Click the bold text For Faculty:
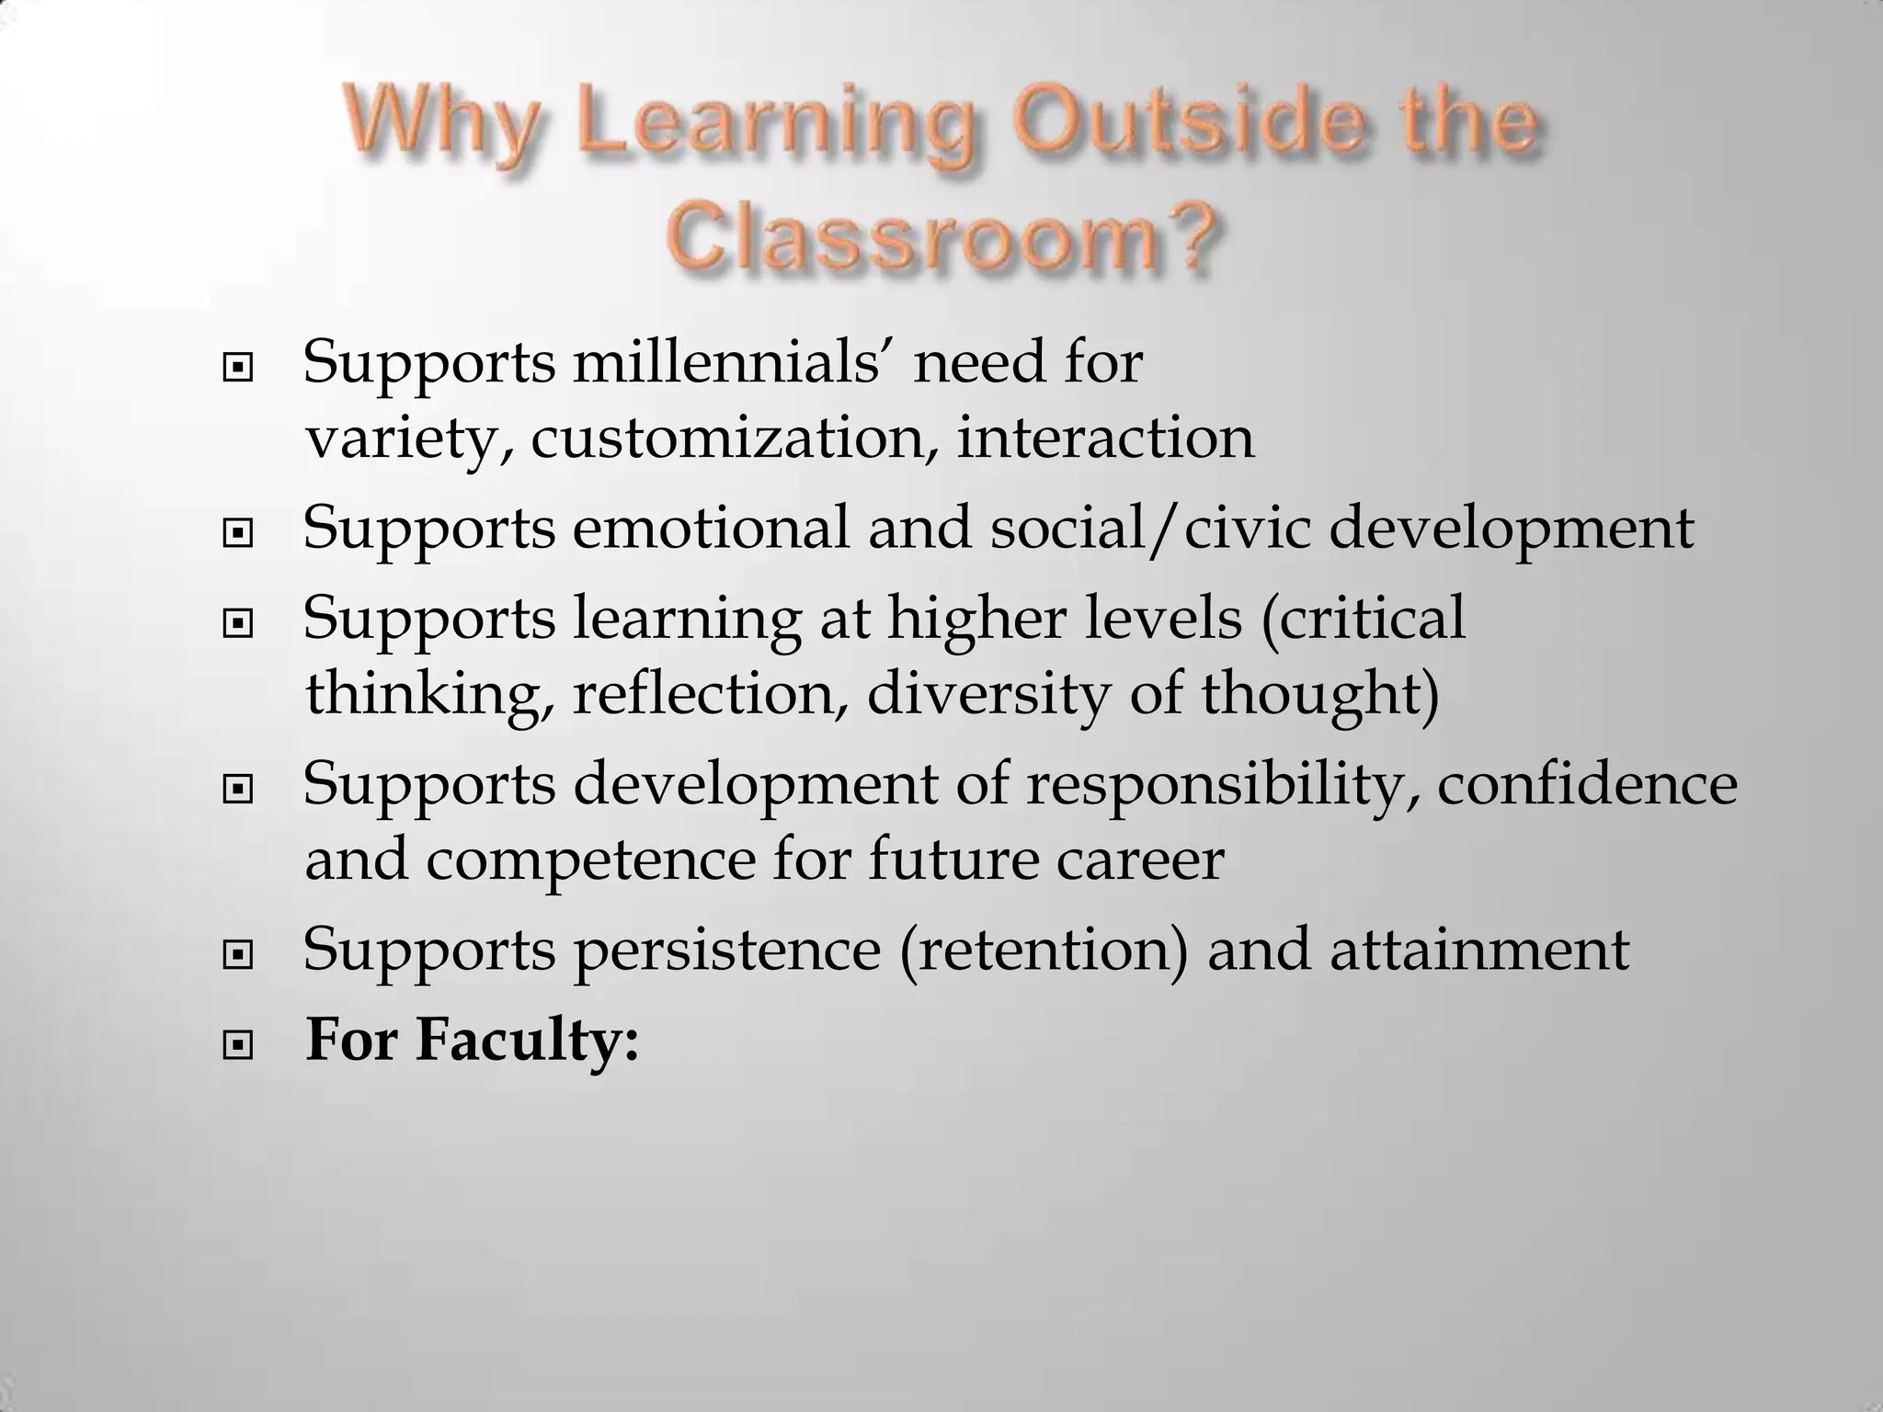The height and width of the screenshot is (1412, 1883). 472,1042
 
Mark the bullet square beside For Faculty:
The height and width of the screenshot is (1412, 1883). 238,1045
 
